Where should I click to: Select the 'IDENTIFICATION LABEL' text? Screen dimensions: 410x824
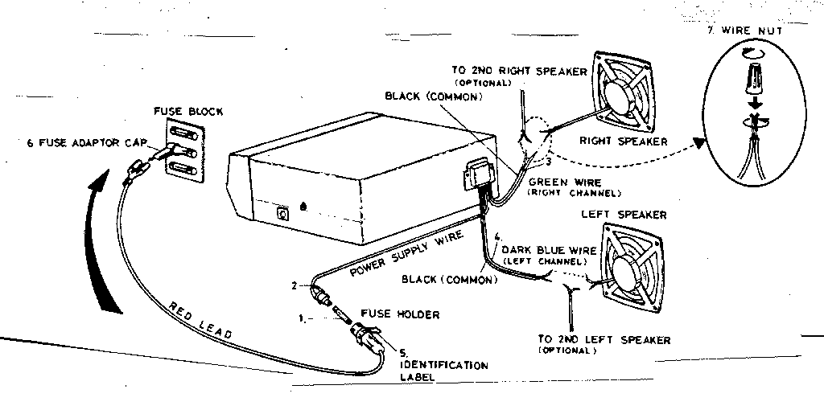tap(443, 371)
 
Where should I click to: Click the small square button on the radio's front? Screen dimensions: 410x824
tap(282, 214)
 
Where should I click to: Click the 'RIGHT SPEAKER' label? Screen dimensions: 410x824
tap(624, 141)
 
